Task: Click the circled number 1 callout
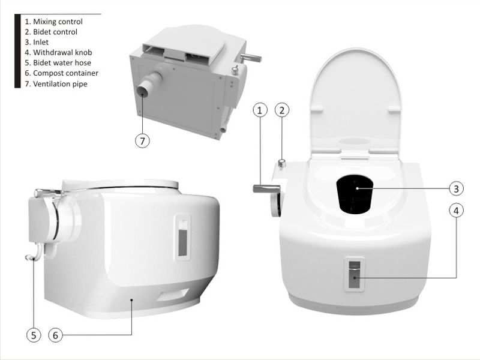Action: (260, 110)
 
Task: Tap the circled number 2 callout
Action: (282, 110)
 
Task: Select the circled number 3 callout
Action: (456, 188)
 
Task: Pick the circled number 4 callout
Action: (456, 211)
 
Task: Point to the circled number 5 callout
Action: (34, 335)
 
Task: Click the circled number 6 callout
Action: (55, 335)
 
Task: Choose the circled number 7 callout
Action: (142, 141)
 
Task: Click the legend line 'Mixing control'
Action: (53, 22)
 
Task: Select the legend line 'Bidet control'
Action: (51, 32)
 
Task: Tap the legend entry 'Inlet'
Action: (37, 42)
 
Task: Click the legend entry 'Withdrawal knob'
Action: (58, 53)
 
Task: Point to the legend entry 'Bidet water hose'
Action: (58, 63)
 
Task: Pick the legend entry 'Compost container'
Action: (61, 73)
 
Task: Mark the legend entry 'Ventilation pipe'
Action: (56, 83)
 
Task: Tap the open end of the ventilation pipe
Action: (143, 92)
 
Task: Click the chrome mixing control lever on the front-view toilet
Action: (266, 188)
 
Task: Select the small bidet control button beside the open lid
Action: (282, 163)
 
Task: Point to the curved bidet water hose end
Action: (30, 258)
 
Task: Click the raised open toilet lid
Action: (355, 101)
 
